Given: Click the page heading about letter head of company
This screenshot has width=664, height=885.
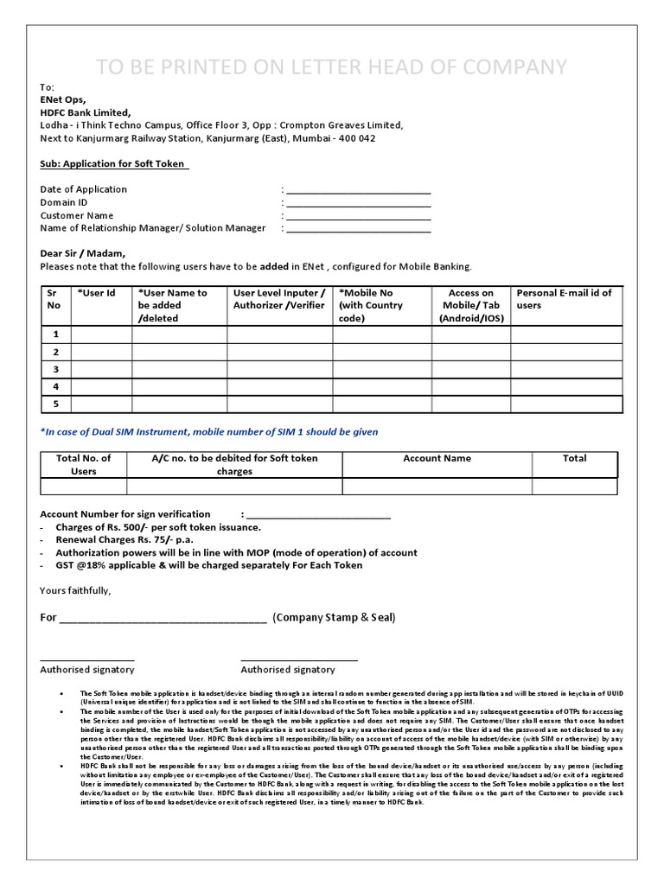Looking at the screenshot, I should coord(331,67).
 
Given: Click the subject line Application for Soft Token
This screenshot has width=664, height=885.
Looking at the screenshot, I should coord(114,164).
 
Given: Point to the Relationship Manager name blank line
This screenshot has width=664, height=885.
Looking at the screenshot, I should coord(358,231).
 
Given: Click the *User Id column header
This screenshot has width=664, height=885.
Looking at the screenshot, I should coord(96,293).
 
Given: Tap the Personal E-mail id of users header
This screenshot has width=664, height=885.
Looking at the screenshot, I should coord(564,299).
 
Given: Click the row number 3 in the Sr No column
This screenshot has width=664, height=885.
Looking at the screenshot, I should coord(55,370).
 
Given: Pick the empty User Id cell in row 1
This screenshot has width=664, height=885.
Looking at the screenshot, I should coord(101,334).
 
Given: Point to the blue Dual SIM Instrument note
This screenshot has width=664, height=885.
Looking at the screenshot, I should coord(209,431).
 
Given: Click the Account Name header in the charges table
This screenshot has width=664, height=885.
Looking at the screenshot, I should coord(437,458).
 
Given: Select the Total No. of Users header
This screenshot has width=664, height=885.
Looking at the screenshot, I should coord(83,465).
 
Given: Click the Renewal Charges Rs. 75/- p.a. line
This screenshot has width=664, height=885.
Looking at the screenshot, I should coord(124,540).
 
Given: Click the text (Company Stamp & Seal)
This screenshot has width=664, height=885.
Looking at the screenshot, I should coord(334,617).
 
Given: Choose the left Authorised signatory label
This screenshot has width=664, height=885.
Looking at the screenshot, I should coord(87,670).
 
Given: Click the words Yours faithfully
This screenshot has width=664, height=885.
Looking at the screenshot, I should coord(75,590).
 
